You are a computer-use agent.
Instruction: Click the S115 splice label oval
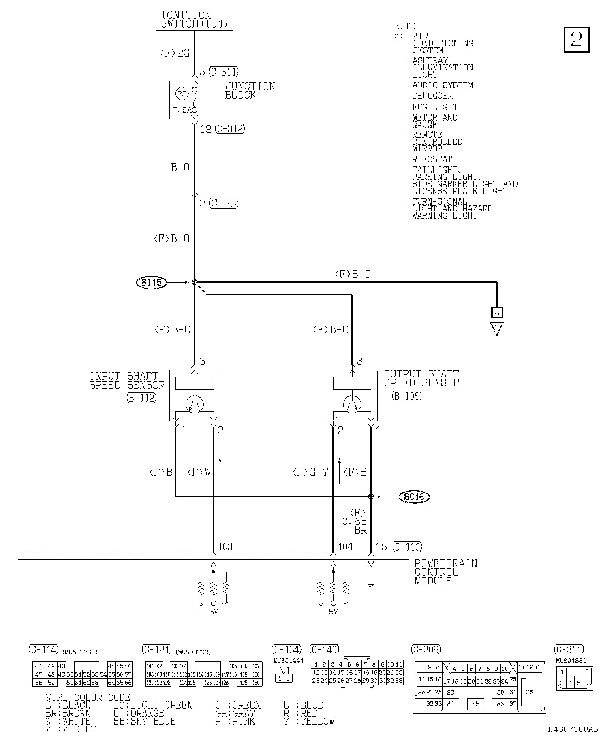tap(152, 282)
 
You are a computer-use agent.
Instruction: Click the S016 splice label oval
tap(414, 497)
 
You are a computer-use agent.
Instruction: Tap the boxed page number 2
tap(576, 40)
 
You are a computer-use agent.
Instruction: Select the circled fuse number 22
tap(182, 94)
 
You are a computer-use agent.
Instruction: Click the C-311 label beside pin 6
tap(224, 72)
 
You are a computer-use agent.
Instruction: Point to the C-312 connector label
tap(230, 129)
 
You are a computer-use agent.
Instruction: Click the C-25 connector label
tap(224, 203)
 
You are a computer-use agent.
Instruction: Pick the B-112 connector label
tap(141, 398)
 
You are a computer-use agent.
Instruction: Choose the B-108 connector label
tap(407, 396)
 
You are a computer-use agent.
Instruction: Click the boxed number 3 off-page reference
tap(497, 312)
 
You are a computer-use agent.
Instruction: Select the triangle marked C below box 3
tap(497, 328)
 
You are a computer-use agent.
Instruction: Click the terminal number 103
tap(225, 547)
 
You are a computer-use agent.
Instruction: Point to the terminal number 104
tap(345, 547)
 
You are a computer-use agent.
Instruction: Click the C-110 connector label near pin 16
tap(407, 547)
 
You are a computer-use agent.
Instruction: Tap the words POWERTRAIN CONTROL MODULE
tap(446, 572)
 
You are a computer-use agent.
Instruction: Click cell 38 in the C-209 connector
tap(530, 692)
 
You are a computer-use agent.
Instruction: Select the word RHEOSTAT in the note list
tap(432, 159)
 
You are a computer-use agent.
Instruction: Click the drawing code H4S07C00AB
tap(573, 729)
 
